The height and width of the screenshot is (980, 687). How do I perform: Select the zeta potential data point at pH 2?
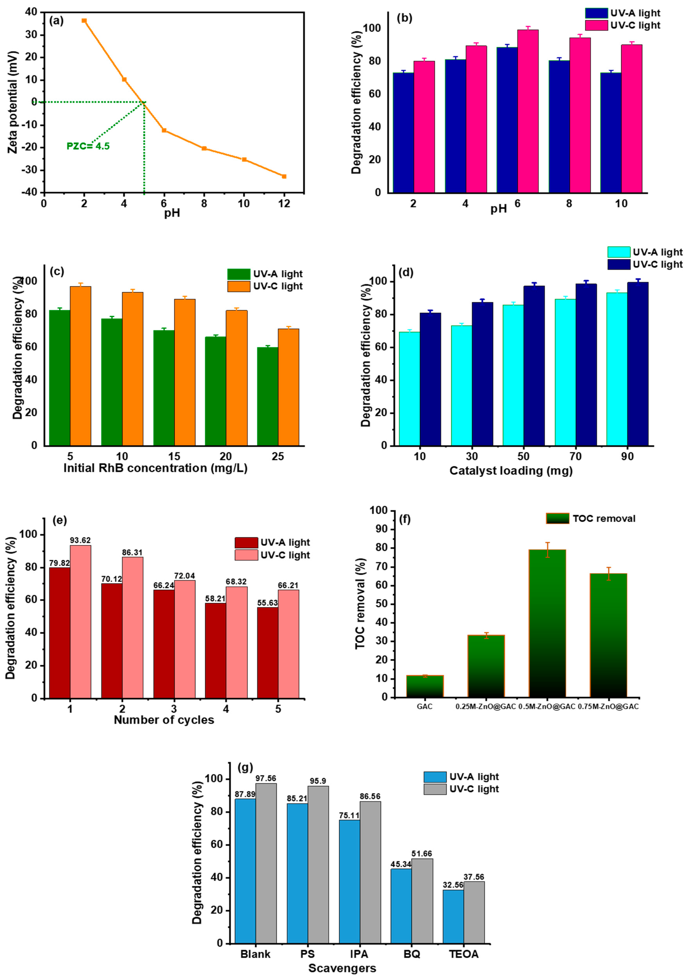[84, 21]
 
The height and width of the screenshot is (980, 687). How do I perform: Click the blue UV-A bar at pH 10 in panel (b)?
[611, 132]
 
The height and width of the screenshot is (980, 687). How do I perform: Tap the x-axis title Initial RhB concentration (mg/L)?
[155, 468]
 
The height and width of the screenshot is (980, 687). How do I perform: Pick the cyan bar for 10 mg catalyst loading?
[409, 388]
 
